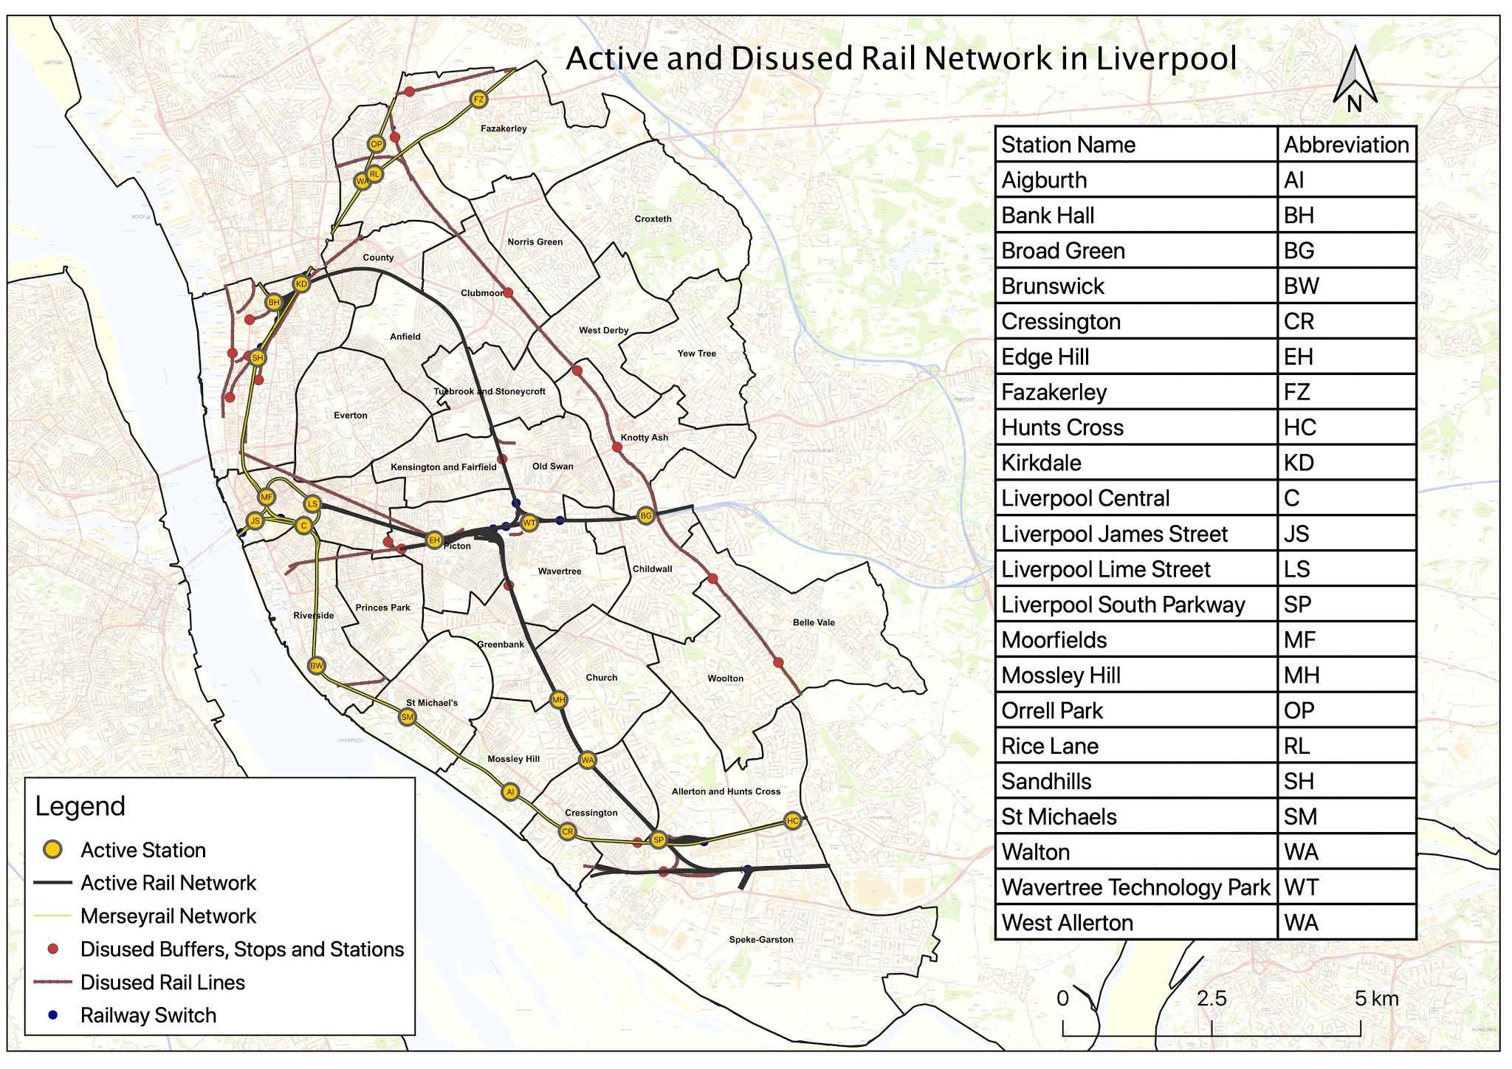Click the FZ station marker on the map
click(478, 100)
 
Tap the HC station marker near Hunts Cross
click(792, 821)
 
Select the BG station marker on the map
click(646, 516)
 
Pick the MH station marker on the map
click(559, 700)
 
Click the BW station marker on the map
click(316, 666)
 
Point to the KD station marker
click(301, 284)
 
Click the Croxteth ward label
click(653, 219)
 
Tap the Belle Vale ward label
click(814, 622)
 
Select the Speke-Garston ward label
click(760, 940)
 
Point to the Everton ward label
click(350, 416)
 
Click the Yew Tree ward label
click(696, 354)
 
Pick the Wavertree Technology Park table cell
click(1135, 887)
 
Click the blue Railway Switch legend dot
click(52, 1015)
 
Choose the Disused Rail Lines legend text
click(162, 983)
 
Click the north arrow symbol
click(1354, 78)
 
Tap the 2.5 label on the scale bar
click(1211, 999)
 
